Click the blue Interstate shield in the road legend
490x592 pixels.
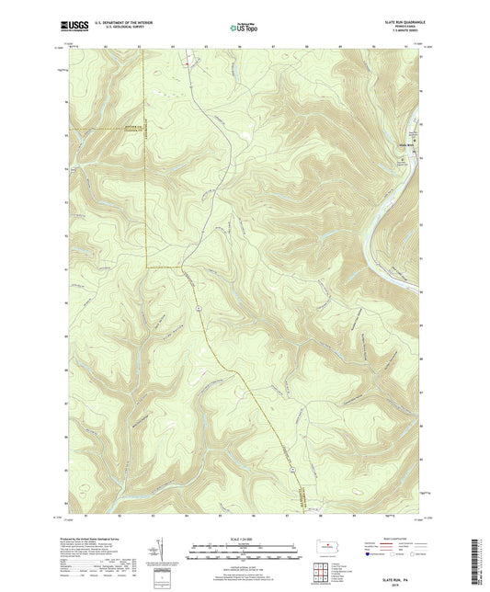[369, 554]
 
